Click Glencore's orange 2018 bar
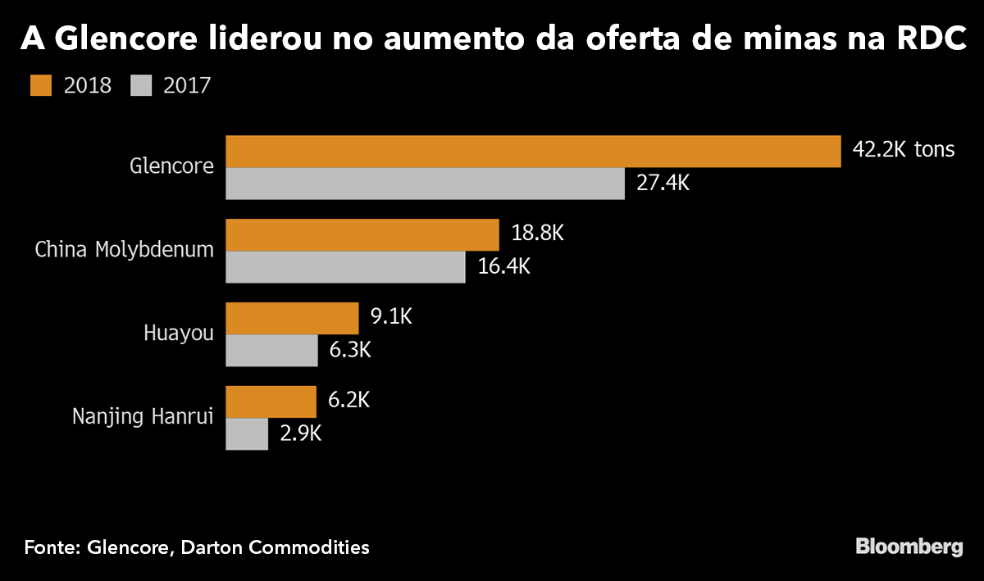[x=533, y=152]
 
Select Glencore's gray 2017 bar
[x=425, y=184]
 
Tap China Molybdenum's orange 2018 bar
[x=362, y=234]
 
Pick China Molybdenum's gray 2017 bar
[x=345, y=267]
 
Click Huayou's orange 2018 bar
[x=292, y=318]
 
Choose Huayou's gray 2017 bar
[x=271, y=351]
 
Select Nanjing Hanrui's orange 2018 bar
[x=271, y=402]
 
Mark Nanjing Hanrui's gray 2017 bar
[x=247, y=434]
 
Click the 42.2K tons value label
[x=904, y=151]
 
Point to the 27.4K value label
[x=663, y=184]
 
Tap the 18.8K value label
[x=537, y=234]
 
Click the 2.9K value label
[x=300, y=434]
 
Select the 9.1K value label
[x=391, y=317]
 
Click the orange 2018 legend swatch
[x=40, y=85]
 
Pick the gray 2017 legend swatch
[x=141, y=85]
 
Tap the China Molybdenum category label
[x=124, y=250]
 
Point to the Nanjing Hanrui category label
[x=143, y=417]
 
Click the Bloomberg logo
[x=909, y=547]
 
